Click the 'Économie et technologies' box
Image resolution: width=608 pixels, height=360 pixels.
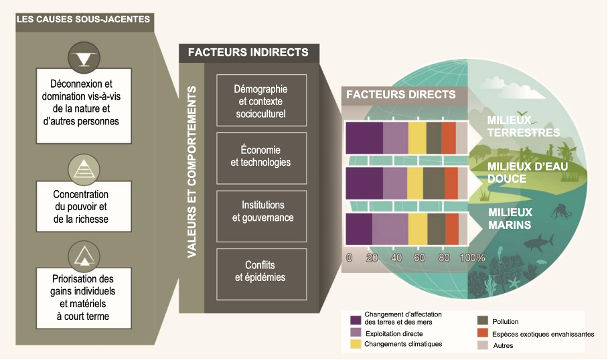click(x=261, y=158)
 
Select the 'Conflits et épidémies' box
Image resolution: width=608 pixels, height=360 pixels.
click(x=261, y=274)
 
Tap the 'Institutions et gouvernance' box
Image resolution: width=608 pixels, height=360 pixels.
click(x=261, y=216)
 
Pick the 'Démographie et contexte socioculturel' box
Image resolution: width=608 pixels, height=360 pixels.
click(x=261, y=100)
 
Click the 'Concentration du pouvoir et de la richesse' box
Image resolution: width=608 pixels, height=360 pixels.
click(x=84, y=207)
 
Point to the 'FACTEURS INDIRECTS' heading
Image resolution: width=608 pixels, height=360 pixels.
click(x=248, y=52)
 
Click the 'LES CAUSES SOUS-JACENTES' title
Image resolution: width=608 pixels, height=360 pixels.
click(x=84, y=19)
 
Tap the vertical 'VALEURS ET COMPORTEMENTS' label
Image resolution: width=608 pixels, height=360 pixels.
click(x=192, y=172)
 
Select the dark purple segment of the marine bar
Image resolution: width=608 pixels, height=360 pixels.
click(x=359, y=229)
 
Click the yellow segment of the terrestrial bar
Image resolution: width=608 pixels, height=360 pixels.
click(x=417, y=138)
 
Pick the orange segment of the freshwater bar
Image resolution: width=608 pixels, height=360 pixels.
click(x=451, y=183)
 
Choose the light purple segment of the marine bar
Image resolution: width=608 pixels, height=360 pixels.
click(x=390, y=229)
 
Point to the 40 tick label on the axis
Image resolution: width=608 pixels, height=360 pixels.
click(x=396, y=258)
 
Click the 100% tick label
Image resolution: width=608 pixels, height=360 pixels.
click(x=472, y=258)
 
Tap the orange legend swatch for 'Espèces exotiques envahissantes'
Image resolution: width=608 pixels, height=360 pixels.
click(x=483, y=333)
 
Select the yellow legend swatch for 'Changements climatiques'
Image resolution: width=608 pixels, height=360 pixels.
click(x=356, y=344)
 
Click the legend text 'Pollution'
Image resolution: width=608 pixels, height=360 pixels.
click(x=506, y=322)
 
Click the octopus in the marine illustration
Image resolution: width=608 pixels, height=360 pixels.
click(x=560, y=211)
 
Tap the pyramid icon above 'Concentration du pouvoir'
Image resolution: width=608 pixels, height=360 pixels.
click(x=84, y=170)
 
